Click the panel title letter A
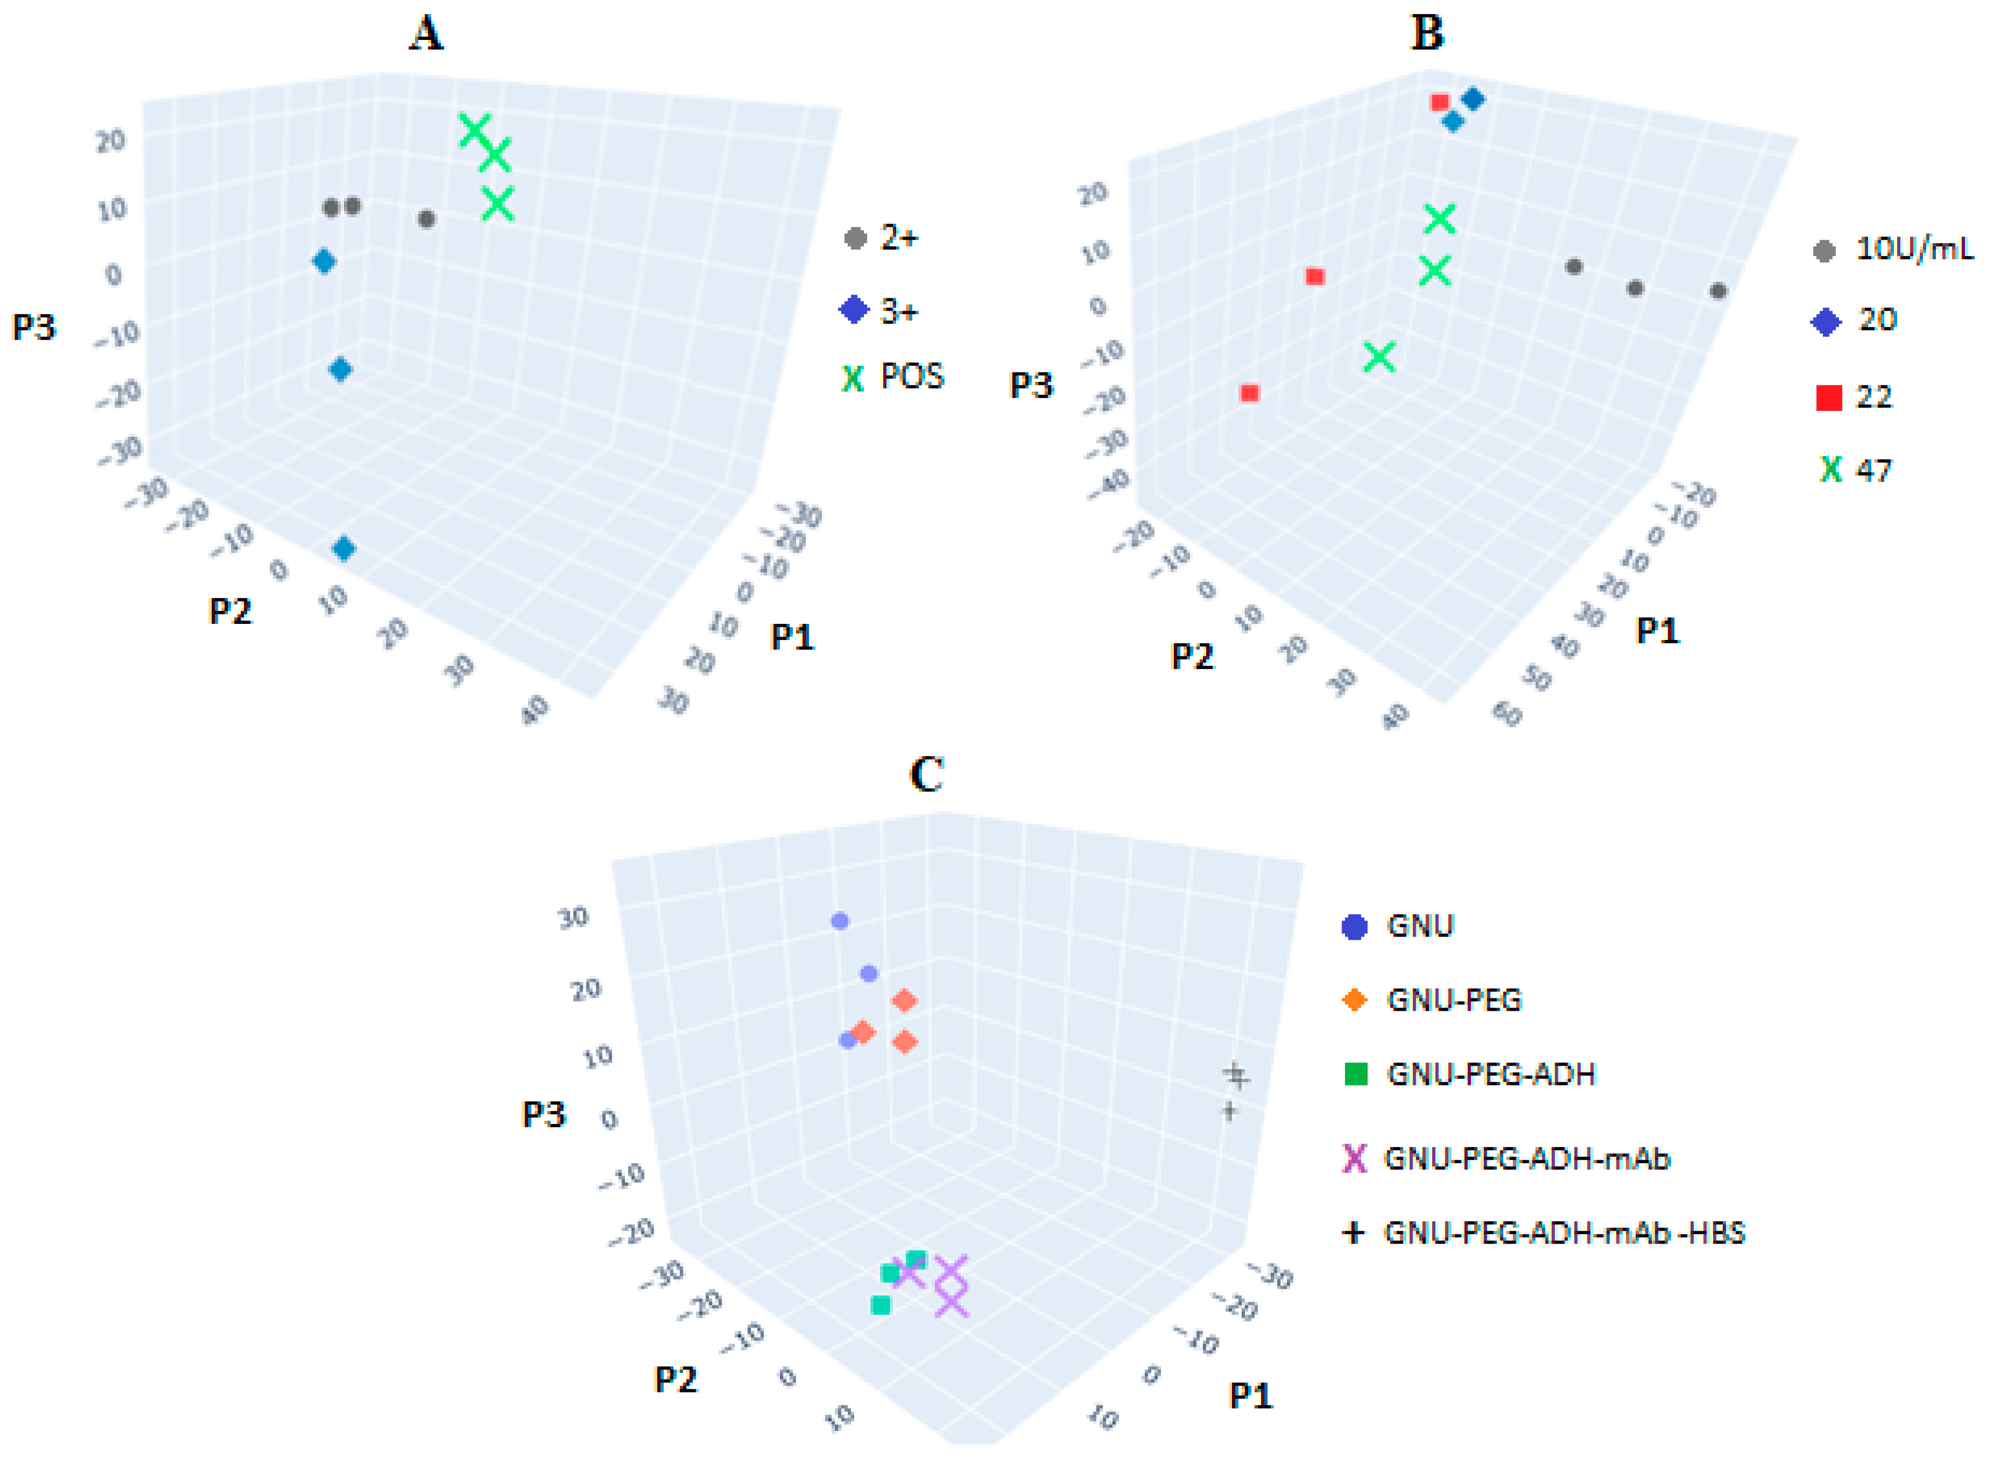pyautogui.click(x=426, y=34)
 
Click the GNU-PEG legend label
pyautogui.click(x=1453, y=1000)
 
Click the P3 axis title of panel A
pyautogui.click(x=34, y=328)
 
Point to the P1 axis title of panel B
pyautogui.click(x=1657, y=631)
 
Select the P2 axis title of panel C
pyautogui.click(x=675, y=1379)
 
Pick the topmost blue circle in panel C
pyautogui.click(x=840, y=921)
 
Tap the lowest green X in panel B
pyautogui.click(x=1379, y=357)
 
